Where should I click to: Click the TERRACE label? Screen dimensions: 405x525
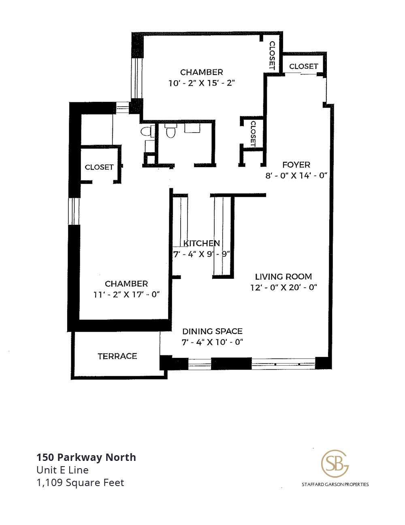117,356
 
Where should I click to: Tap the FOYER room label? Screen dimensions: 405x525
296,165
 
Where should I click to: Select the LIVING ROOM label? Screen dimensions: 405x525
283,276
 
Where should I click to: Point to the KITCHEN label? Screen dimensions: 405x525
202,243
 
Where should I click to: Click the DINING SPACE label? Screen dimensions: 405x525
212,331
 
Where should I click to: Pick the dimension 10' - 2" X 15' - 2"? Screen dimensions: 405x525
202,83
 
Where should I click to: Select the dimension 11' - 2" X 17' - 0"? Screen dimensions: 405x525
126,295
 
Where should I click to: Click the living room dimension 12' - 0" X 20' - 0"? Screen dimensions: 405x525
283,288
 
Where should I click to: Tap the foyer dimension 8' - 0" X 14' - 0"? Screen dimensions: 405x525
296,176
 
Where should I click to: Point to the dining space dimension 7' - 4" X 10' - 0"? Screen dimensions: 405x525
212,342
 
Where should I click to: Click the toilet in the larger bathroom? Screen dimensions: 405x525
171,131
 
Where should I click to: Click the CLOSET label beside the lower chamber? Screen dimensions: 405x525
99,167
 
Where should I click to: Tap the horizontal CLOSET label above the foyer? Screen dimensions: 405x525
303,66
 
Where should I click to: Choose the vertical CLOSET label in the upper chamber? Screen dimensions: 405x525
272,56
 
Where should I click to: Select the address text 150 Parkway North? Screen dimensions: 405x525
86,457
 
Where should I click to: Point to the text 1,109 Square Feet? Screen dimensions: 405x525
80,483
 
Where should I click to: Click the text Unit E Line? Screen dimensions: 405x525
62,470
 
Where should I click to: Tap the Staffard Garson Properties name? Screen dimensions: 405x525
335,484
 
